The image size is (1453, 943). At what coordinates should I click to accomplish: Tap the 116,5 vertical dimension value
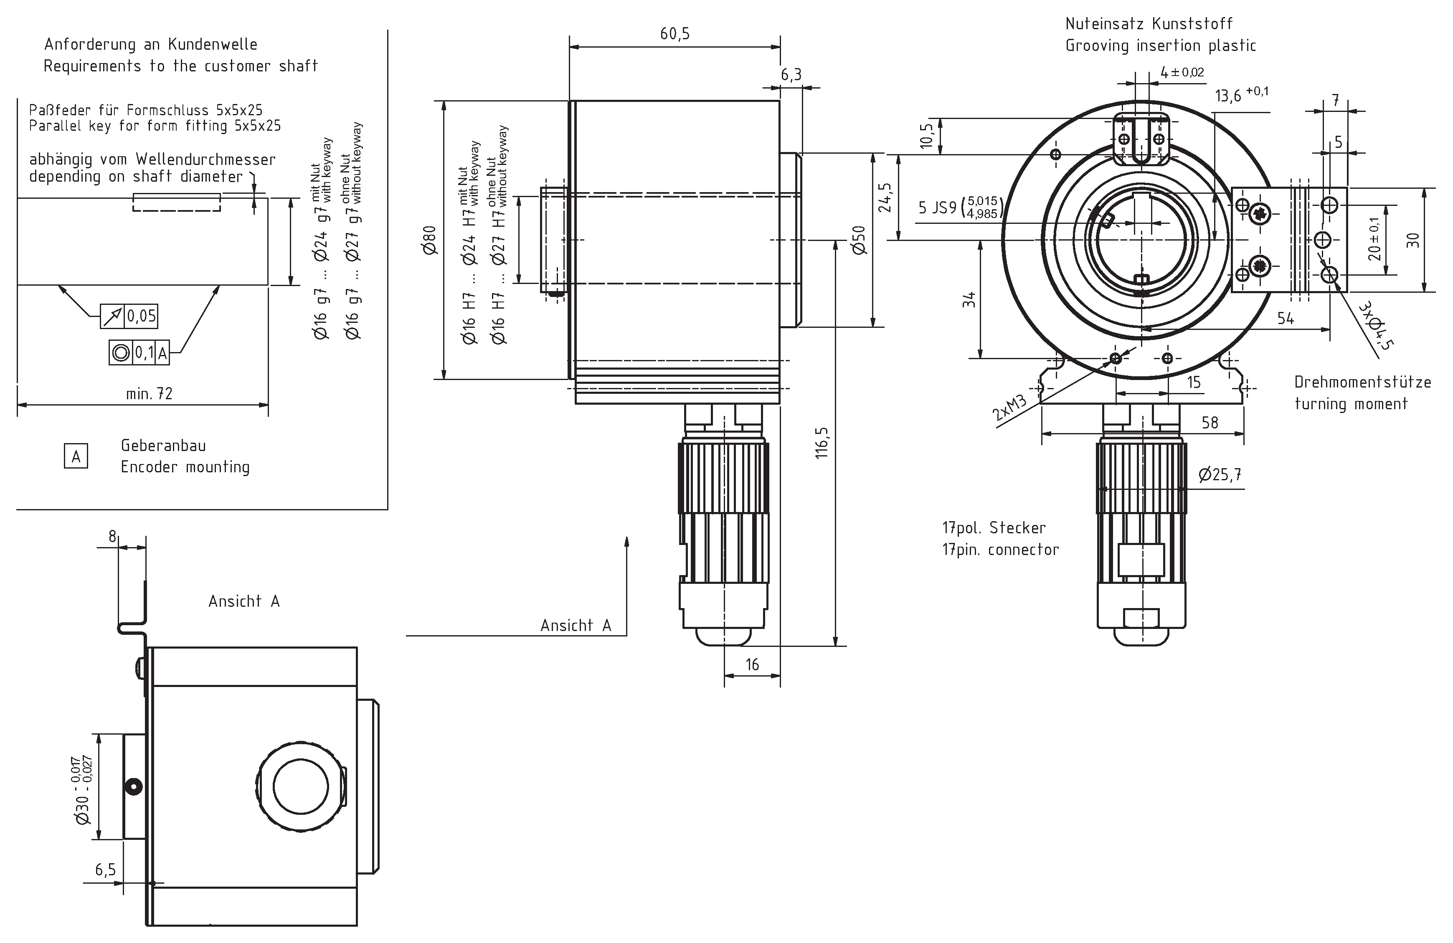[822, 443]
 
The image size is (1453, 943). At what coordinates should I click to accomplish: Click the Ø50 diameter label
[860, 240]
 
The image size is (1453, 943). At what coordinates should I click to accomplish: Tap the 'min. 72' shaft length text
[149, 394]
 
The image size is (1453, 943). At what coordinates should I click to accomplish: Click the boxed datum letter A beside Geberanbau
[76, 456]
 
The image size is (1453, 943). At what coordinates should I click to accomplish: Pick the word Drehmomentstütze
[1362, 382]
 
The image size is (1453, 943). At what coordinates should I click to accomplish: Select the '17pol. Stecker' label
[993, 528]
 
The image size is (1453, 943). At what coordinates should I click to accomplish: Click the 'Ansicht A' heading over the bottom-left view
[243, 602]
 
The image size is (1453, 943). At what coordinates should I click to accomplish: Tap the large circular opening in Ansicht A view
[301, 787]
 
